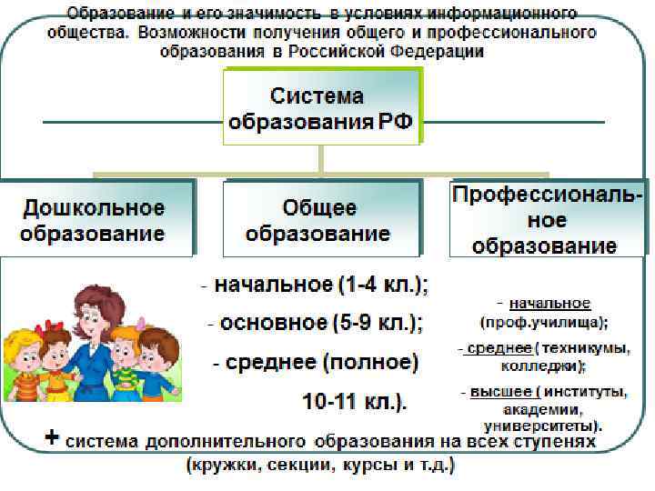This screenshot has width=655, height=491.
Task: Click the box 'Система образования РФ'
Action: pyautogui.click(x=323, y=107)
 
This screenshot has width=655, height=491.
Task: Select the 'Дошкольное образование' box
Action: pyautogui.click(x=96, y=220)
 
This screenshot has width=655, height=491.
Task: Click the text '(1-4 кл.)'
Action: pyautogui.click(x=384, y=285)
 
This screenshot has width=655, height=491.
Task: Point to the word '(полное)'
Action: pyautogui.click(x=372, y=363)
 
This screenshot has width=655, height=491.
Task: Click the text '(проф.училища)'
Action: pyautogui.click(x=544, y=321)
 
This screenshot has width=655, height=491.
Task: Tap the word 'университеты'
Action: pyautogui.click(x=540, y=424)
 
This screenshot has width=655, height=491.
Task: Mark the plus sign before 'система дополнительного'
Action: pyautogui.click(x=53, y=439)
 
